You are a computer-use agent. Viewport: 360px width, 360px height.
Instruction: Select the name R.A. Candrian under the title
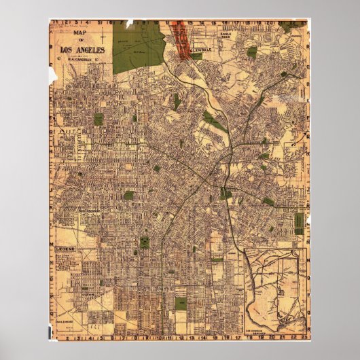click(82, 59)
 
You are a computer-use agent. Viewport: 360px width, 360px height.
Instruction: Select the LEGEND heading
click(66, 250)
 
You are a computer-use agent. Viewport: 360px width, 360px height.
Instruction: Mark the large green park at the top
click(139, 48)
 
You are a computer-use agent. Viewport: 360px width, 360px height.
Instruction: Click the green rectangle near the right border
click(299, 221)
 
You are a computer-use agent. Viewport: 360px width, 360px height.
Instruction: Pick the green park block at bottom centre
click(181, 303)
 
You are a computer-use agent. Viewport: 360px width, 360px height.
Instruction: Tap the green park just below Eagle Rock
click(252, 52)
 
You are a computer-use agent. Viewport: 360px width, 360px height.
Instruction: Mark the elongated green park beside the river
click(215, 122)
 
